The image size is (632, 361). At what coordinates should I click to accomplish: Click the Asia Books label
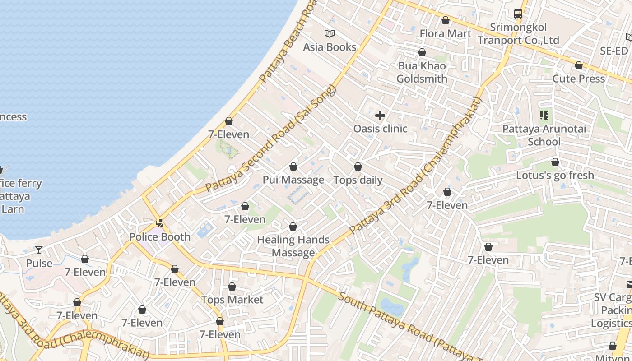point(330,47)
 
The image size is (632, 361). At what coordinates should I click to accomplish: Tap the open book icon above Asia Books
point(330,33)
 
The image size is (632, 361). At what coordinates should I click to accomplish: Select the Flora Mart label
point(445,33)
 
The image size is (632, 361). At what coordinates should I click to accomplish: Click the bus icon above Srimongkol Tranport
point(518,14)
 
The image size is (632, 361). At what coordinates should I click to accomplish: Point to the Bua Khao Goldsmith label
point(422,72)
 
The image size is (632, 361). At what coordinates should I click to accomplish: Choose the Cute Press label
point(578,79)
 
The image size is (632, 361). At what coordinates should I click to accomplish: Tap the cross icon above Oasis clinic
point(380,116)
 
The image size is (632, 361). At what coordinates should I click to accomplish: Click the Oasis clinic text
point(380,129)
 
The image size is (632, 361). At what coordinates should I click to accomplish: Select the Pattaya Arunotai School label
point(544,135)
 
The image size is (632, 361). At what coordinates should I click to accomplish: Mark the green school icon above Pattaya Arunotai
point(544,116)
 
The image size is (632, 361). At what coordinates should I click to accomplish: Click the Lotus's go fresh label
point(555,175)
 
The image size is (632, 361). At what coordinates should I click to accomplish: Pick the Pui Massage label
point(293,180)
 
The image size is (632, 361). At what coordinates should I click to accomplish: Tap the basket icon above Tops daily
point(358,167)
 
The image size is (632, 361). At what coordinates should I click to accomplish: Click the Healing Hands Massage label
point(293,246)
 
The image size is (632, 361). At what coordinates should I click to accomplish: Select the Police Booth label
point(160,236)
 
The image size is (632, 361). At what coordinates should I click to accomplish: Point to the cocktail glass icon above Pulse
point(39,250)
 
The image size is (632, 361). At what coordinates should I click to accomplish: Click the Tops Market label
point(232,300)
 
